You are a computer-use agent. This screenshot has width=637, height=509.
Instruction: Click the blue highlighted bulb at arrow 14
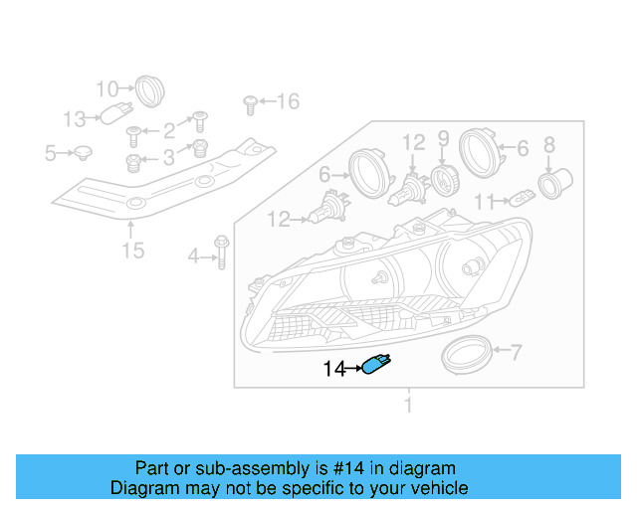coord(377,365)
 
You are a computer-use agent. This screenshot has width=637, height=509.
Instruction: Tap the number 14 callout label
coord(334,370)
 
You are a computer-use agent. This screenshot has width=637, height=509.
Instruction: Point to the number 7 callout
coord(516,350)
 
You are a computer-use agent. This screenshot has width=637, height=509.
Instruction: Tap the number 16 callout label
coord(287,101)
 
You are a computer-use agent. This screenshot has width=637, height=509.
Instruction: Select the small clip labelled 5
coord(84,153)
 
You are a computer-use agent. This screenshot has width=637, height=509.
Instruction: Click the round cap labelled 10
coord(148,89)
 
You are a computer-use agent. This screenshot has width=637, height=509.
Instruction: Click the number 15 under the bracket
coord(132,250)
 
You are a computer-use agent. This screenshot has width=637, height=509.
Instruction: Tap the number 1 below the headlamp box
coord(407,405)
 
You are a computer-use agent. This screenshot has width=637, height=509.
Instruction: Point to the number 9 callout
coord(444,139)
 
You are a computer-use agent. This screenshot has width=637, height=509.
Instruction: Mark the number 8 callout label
coord(548,145)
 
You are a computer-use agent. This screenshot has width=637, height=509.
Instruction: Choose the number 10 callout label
coord(107,88)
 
